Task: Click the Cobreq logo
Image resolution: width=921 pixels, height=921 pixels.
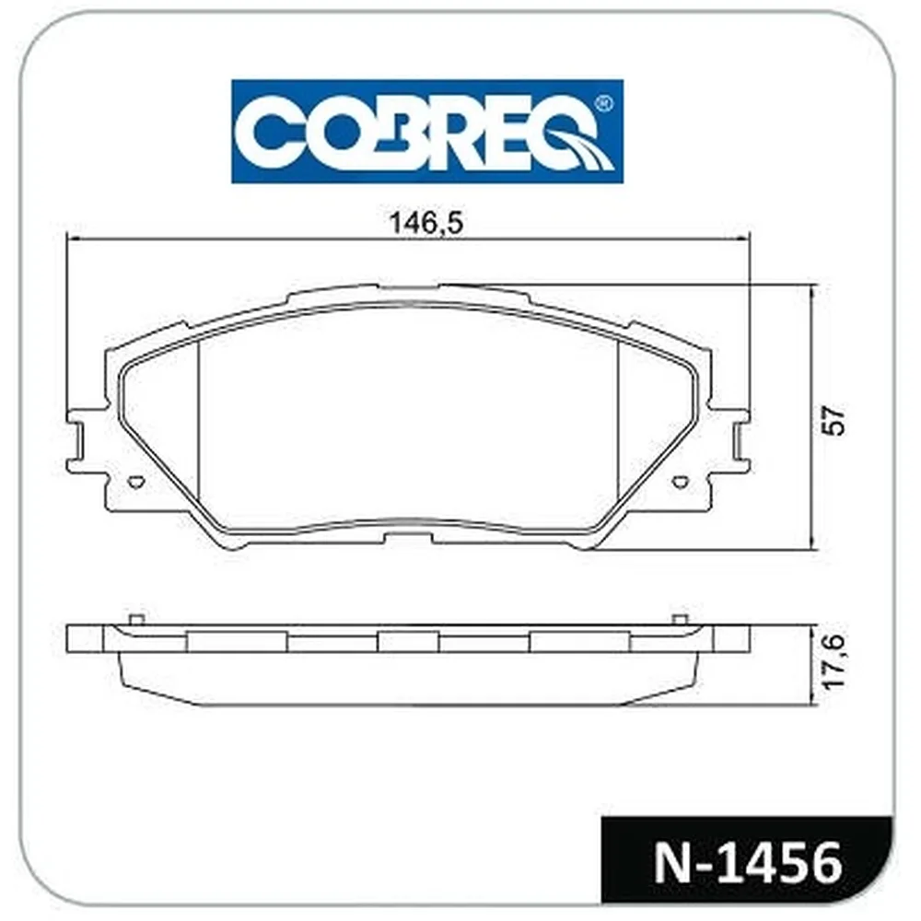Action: (427, 131)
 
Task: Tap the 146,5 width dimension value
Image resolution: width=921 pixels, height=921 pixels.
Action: (426, 223)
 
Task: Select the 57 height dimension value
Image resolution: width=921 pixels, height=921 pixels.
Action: (834, 419)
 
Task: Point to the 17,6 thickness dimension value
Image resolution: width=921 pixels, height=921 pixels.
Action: (834, 660)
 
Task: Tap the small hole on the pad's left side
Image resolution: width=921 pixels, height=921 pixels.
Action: (135, 481)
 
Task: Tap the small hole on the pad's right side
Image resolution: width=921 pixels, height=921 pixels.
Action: (681, 481)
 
